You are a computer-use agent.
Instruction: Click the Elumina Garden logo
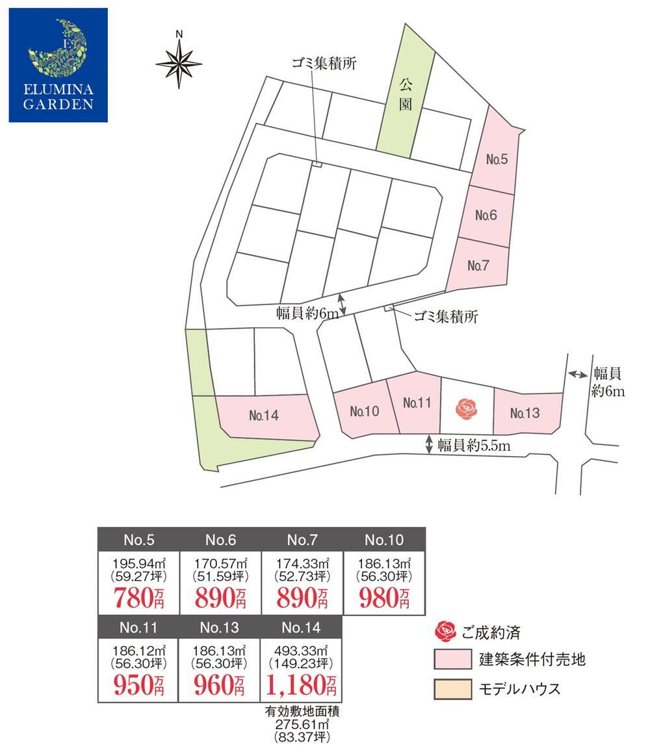coord(58,65)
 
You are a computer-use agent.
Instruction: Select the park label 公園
coord(406,94)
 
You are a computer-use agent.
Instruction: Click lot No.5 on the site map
coord(497,159)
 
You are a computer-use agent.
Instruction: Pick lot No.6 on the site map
coord(486,215)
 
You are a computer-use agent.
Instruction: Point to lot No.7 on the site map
coord(478,265)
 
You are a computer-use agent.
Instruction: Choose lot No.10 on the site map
coord(364,412)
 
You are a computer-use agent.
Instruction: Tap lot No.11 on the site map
coord(417,403)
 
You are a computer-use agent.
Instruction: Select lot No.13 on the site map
coord(525,413)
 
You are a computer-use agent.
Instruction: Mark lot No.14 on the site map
coord(263,416)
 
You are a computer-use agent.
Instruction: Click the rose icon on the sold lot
coord(467,408)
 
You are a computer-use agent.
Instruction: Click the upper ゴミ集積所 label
coord(324,64)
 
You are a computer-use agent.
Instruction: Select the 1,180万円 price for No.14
coord(302,684)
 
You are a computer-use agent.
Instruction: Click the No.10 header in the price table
coord(384,539)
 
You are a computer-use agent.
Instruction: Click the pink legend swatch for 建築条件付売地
coord(452,660)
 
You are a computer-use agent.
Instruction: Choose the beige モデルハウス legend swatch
coord(452,689)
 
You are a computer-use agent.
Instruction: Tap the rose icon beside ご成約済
coord(446,630)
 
